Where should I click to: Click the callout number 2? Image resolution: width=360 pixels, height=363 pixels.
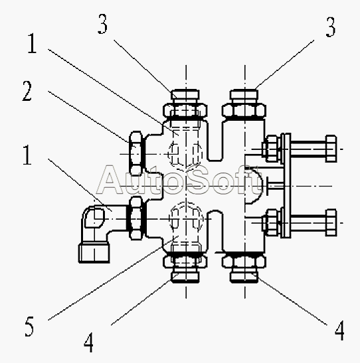pos(27,91)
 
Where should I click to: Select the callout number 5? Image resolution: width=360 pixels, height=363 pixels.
pos(29,327)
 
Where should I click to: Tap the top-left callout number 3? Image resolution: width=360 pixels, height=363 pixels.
pos(103,24)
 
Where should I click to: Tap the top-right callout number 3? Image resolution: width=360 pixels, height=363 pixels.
pos(331,27)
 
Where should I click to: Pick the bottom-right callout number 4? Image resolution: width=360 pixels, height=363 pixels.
pos(339,330)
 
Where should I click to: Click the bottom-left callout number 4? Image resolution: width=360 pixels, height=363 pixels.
pos(89,342)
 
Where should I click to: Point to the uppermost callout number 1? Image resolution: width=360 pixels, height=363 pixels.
pos(32,43)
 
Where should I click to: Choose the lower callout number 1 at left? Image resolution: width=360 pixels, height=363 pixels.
pos(27,155)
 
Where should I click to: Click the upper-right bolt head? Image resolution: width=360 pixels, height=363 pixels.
pos(331,149)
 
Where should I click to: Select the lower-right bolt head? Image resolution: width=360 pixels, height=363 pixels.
pos(331,222)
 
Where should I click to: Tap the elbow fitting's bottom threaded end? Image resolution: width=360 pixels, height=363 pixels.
pos(94,253)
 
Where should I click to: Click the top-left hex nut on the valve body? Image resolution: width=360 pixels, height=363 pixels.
pos(185,110)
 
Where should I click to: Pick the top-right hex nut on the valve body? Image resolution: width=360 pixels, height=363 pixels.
pos(244,110)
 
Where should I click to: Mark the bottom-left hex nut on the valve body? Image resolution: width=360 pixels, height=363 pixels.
pos(185,261)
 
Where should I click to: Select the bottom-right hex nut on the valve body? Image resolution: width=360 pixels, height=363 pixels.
pos(244,261)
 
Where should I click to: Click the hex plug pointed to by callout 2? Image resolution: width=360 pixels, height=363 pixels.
pos(135,153)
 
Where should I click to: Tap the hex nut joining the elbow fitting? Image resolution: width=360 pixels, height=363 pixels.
pos(135,218)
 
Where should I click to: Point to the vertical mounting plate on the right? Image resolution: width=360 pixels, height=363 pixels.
pos(286,186)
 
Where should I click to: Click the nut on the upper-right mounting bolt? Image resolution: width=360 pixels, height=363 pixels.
pos(271,149)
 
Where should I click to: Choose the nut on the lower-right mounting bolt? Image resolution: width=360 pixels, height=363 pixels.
pos(271,222)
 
